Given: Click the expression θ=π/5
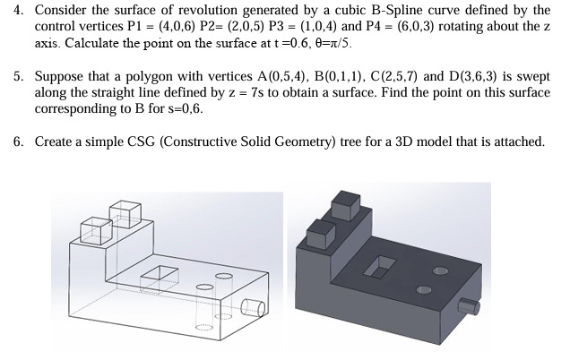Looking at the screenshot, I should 329,42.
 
